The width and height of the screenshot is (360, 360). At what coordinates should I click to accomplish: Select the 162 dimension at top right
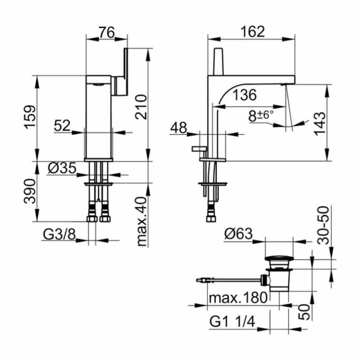pyautogui.click(x=251, y=32)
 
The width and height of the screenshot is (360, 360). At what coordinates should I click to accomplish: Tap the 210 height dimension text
pyautogui.click(x=141, y=107)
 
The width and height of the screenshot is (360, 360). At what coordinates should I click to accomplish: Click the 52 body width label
pyautogui.click(x=62, y=126)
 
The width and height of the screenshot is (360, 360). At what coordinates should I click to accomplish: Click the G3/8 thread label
pyautogui.click(x=59, y=235)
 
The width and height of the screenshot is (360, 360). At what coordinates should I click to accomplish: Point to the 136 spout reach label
pyautogui.click(x=244, y=95)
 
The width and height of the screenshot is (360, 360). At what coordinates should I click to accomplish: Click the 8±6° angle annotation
pyautogui.click(x=261, y=116)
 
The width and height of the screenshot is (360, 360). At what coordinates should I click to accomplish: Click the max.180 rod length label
pyautogui.click(x=238, y=299)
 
